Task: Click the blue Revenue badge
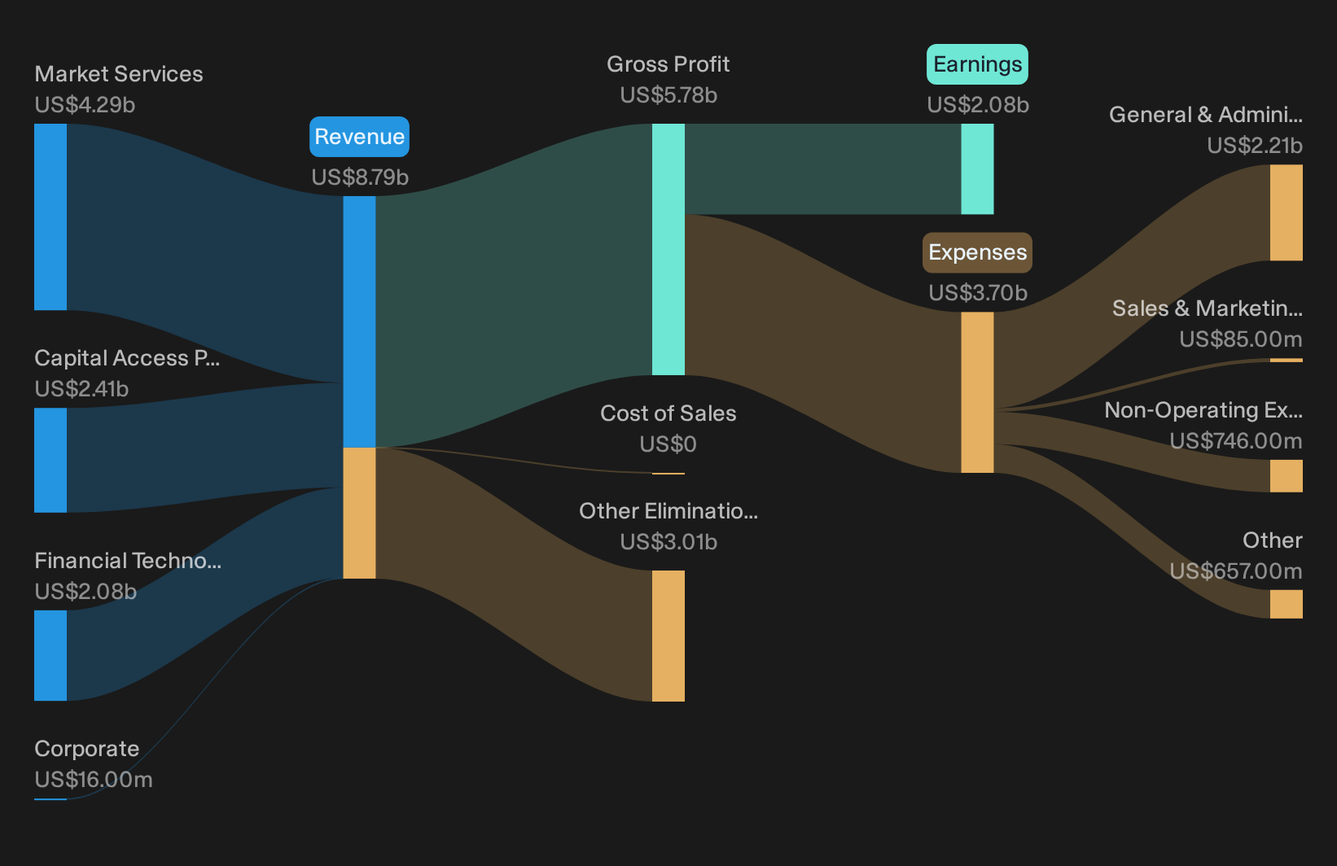pyautogui.click(x=359, y=137)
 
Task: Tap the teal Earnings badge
pyautogui.click(x=977, y=64)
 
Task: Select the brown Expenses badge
pyautogui.click(x=977, y=252)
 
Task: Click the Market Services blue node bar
pyautogui.click(x=50, y=216)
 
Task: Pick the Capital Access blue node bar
pyautogui.click(x=50, y=460)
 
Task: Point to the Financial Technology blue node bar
pyautogui.click(x=50, y=655)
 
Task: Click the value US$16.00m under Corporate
pyautogui.click(x=94, y=780)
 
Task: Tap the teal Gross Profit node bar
pyautogui.click(x=668, y=250)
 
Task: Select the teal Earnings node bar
pyautogui.click(x=977, y=169)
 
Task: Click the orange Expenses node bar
pyautogui.click(x=977, y=392)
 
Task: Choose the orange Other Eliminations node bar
pyautogui.click(x=668, y=636)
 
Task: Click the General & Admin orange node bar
pyautogui.click(x=1287, y=212)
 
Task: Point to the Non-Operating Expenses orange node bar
pyautogui.click(x=1287, y=475)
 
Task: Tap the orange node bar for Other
pyautogui.click(x=1287, y=604)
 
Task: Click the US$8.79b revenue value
pyautogui.click(x=360, y=177)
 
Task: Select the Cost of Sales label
pyautogui.click(x=668, y=413)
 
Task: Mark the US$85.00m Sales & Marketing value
pyautogui.click(x=1240, y=339)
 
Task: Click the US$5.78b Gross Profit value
pyautogui.click(x=668, y=95)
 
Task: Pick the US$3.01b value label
pyautogui.click(x=668, y=542)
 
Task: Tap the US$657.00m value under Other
pyautogui.click(x=1235, y=571)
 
